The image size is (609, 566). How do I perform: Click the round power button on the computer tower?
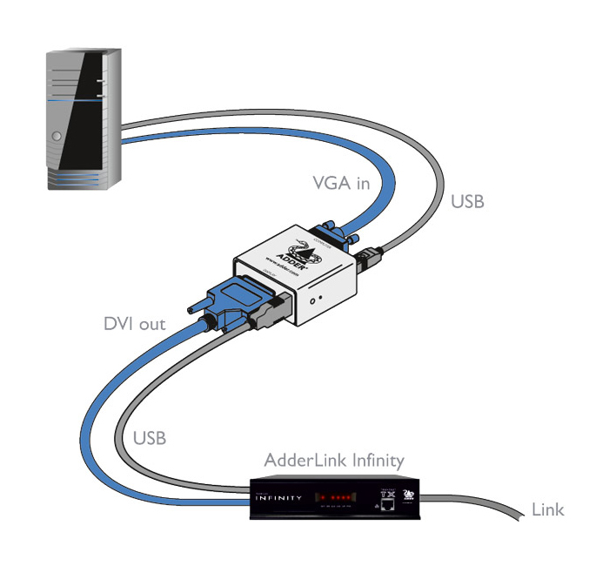coord(56,137)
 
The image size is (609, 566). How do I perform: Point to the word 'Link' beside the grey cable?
coord(547,509)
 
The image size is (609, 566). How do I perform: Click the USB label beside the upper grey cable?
coord(467,202)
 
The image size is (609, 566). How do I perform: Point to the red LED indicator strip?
coord(335,498)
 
